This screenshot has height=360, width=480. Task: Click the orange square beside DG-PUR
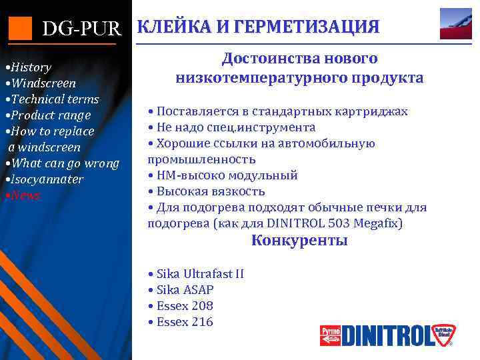(19, 27)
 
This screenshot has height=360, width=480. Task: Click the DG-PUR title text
(82, 29)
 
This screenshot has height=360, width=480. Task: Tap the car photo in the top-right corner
(456, 24)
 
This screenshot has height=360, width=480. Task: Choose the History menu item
(29, 67)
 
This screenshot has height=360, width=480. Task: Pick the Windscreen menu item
(41, 83)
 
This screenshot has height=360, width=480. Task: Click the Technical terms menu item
(53, 99)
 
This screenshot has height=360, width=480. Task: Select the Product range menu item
(49, 115)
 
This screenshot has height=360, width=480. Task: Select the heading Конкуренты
(299, 241)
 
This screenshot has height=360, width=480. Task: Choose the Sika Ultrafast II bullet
(199, 274)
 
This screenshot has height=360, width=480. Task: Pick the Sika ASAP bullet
(185, 290)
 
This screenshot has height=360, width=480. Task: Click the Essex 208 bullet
(184, 306)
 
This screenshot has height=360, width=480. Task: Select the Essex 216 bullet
(184, 322)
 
